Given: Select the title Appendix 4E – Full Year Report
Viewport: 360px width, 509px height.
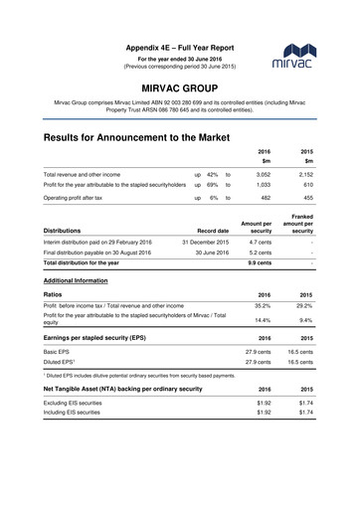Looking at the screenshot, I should tap(180, 48).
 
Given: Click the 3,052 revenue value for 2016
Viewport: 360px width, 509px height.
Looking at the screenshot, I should tap(264, 173).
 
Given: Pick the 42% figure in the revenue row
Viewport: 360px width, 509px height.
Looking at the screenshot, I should tap(213, 173).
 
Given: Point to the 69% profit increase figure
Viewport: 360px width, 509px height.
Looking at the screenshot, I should tap(213, 185).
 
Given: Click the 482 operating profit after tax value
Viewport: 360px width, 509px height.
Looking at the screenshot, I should tap(265, 199).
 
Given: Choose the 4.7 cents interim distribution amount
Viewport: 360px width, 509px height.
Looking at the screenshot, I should tap(259, 242).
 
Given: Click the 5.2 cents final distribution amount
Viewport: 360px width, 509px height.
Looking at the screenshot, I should tap(259, 254).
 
